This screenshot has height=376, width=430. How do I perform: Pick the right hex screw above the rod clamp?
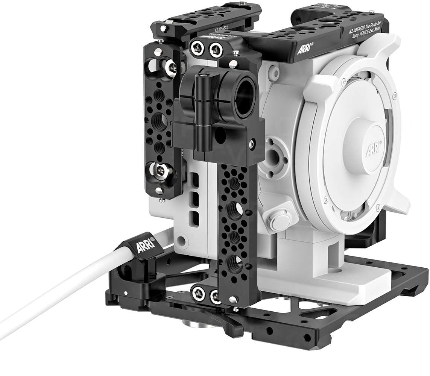click(216, 48)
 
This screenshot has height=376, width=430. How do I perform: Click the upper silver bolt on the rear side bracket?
click(172, 67)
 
